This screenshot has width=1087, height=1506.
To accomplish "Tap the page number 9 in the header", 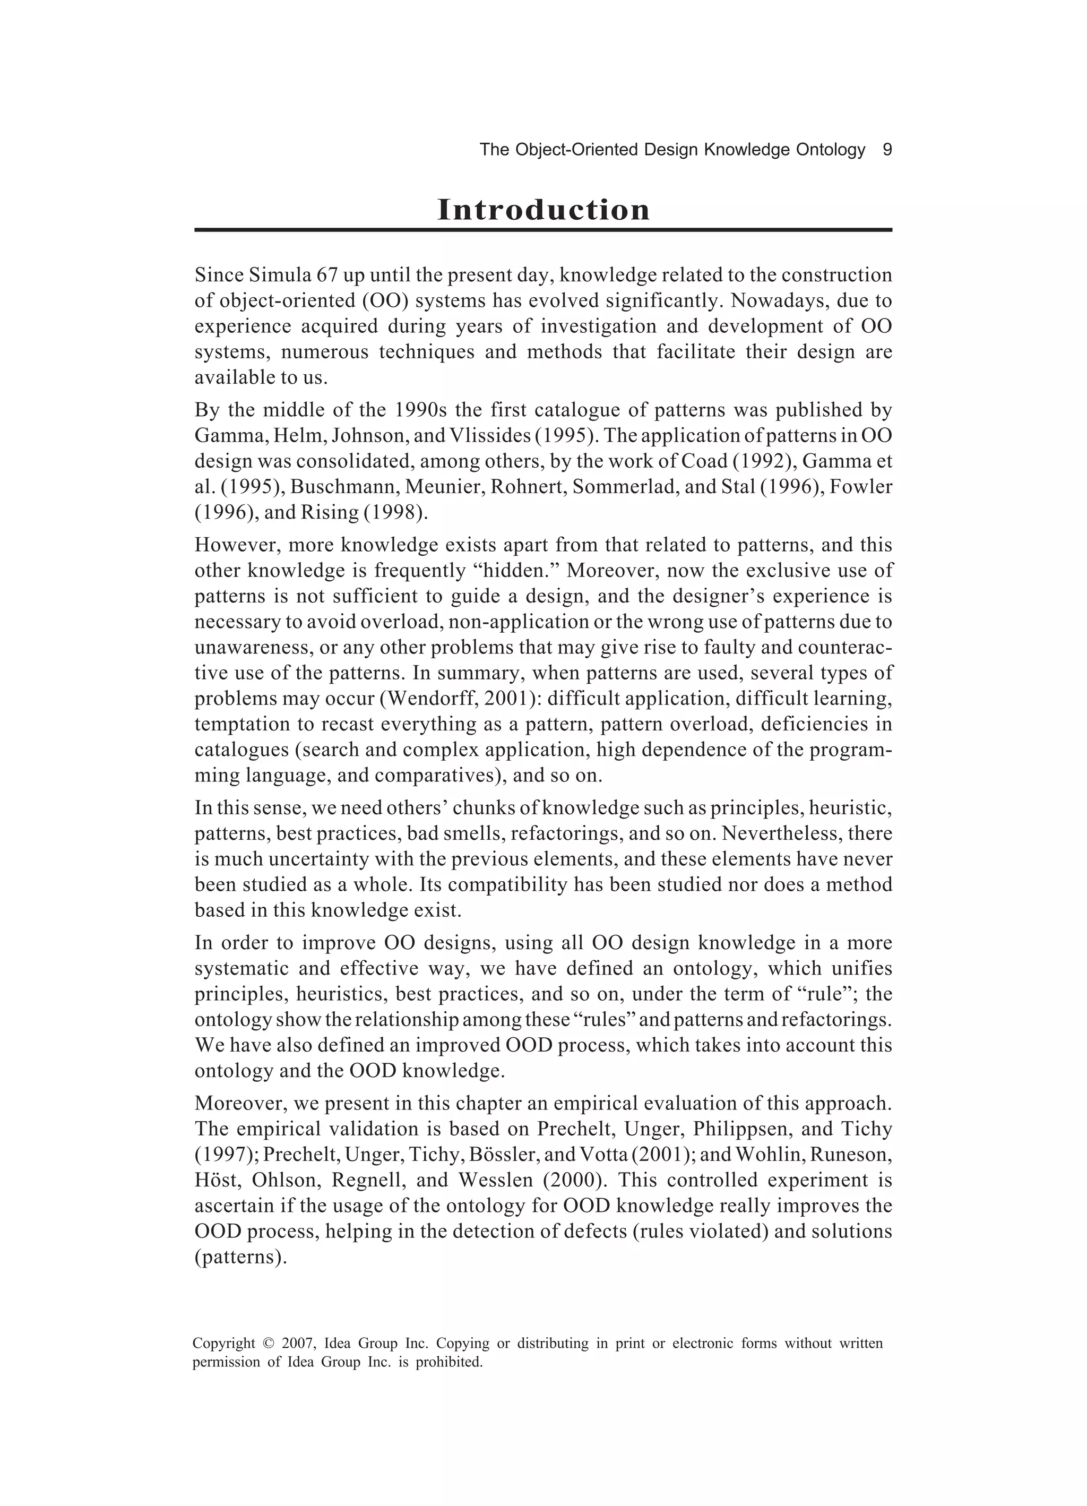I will tap(886, 150).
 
